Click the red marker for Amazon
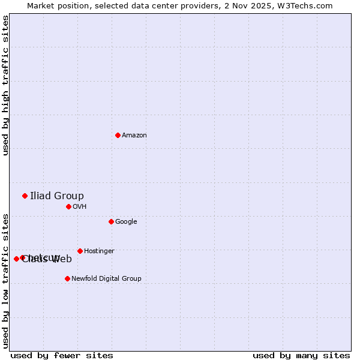click(x=118, y=135)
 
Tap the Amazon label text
click(x=134, y=136)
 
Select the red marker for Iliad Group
click(x=25, y=196)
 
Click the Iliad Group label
click(x=57, y=196)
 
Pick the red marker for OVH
click(x=68, y=206)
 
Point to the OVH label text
click(x=80, y=207)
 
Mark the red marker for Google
click(x=111, y=221)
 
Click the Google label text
click(x=126, y=222)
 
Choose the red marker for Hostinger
click(x=80, y=251)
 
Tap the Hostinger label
click(x=99, y=251)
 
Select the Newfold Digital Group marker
click(x=67, y=278)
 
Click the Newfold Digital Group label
click(x=106, y=279)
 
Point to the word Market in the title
click(x=41, y=5)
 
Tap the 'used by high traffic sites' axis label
click(x=5, y=85)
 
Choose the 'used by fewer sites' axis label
click(x=62, y=355)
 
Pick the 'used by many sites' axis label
click(x=301, y=355)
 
